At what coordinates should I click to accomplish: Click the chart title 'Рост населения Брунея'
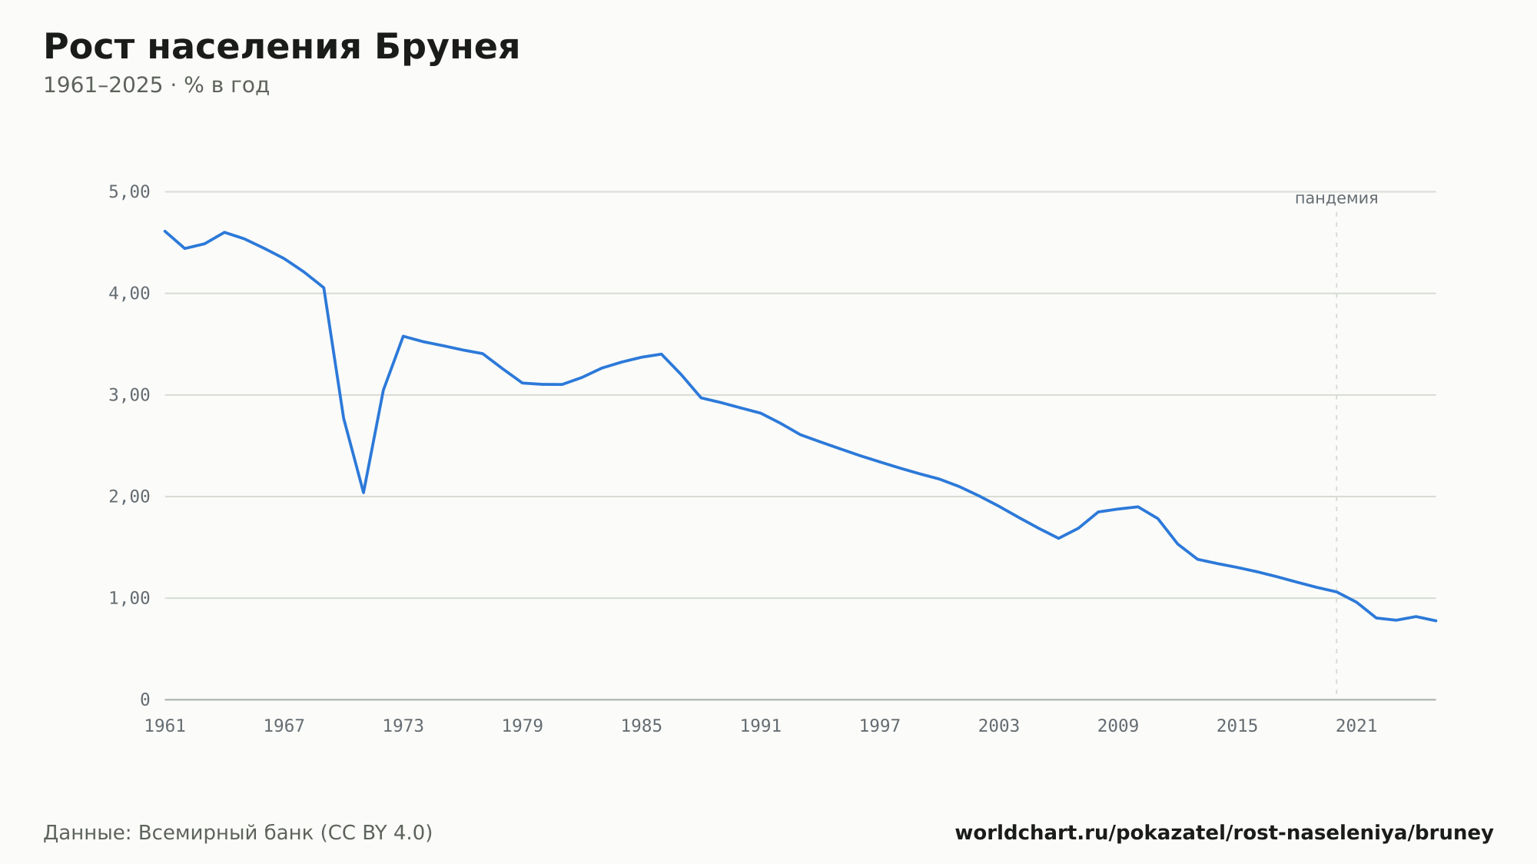(x=281, y=47)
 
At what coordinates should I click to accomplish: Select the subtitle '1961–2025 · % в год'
(x=156, y=85)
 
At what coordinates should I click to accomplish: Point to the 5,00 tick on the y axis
(x=129, y=191)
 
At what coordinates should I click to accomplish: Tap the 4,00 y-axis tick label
(x=129, y=294)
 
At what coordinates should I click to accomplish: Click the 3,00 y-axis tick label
(x=129, y=395)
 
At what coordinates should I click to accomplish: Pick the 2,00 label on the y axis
(x=129, y=497)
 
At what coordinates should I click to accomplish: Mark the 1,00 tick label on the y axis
(x=129, y=598)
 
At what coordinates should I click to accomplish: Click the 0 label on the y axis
(x=145, y=700)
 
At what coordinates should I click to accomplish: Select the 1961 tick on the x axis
(x=165, y=726)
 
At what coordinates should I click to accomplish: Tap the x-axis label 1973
(x=403, y=726)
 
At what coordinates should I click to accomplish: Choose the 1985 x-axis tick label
(x=642, y=726)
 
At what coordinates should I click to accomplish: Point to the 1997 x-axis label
(x=880, y=726)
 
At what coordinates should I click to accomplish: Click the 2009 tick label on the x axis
(x=1118, y=726)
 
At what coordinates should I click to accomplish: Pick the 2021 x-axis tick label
(x=1356, y=726)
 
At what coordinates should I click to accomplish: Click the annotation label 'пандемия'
(x=1336, y=198)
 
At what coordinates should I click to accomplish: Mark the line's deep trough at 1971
(x=364, y=493)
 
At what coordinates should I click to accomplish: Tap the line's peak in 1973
(x=403, y=336)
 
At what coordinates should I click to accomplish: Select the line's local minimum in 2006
(x=1058, y=538)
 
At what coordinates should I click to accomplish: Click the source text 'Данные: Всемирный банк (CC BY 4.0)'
(x=238, y=833)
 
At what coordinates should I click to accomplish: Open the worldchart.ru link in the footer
(x=1224, y=833)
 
